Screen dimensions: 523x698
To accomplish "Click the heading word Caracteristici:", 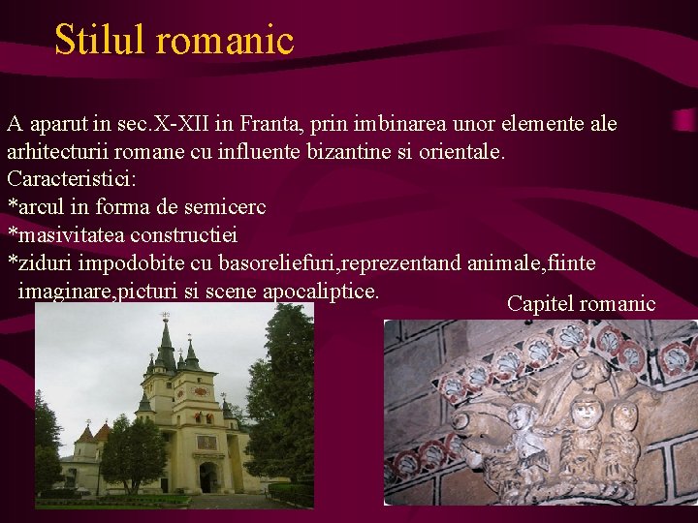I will coord(72,179).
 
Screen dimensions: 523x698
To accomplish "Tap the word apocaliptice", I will coord(320,291).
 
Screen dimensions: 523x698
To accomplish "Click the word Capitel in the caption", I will coord(538,304).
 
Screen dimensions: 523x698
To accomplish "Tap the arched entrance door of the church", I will coord(208,477).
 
